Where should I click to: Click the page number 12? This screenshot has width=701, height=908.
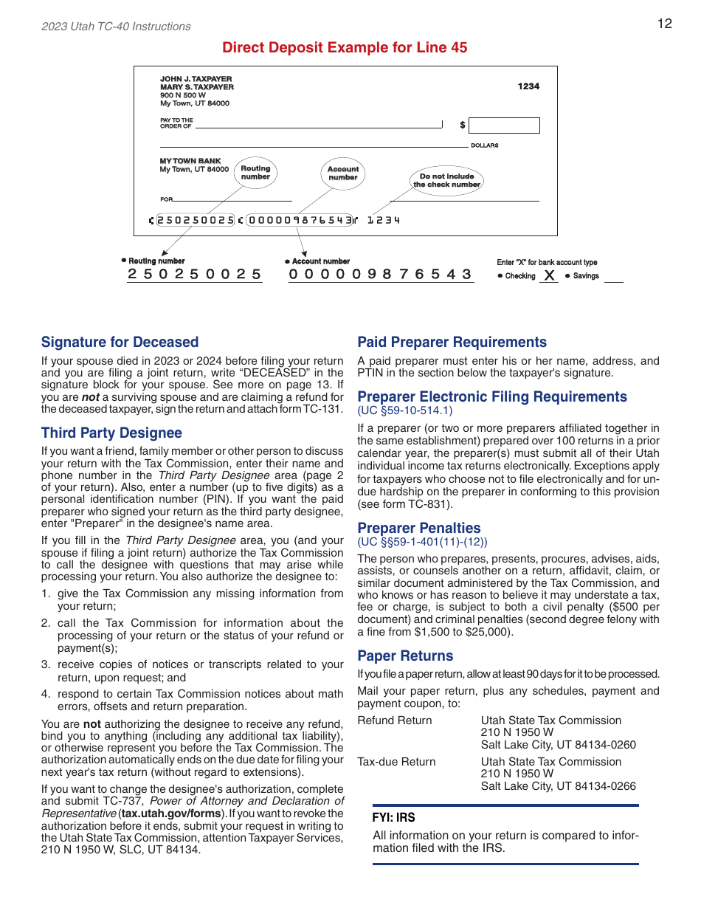tap(664, 24)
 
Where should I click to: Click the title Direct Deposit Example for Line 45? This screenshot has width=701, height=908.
tap(345, 48)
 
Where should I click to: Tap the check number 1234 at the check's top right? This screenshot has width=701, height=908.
tap(528, 86)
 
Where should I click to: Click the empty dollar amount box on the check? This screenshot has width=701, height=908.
tap(504, 125)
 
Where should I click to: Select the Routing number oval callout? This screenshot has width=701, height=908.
tap(255, 173)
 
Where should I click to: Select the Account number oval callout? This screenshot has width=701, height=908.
tap(343, 173)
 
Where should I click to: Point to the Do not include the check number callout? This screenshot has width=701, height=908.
tap(446, 181)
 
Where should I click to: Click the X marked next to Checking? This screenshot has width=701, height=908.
tap(548, 275)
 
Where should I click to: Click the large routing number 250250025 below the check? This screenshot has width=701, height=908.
tap(195, 274)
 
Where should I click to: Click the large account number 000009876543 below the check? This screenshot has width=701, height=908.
tap(380, 274)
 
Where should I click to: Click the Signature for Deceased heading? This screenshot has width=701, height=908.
tap(120, 342)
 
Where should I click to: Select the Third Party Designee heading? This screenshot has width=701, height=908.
tap(111, 433)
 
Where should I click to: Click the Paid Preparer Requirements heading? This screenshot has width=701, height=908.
tap(452, 342)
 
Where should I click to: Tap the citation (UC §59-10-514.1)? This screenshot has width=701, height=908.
tap(405, 410)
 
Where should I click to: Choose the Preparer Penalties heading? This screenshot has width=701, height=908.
tap(418, 528)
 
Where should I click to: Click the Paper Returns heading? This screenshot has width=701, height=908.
tap(405, 656)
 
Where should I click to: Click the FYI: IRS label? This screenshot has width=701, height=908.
tap(393, 817)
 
